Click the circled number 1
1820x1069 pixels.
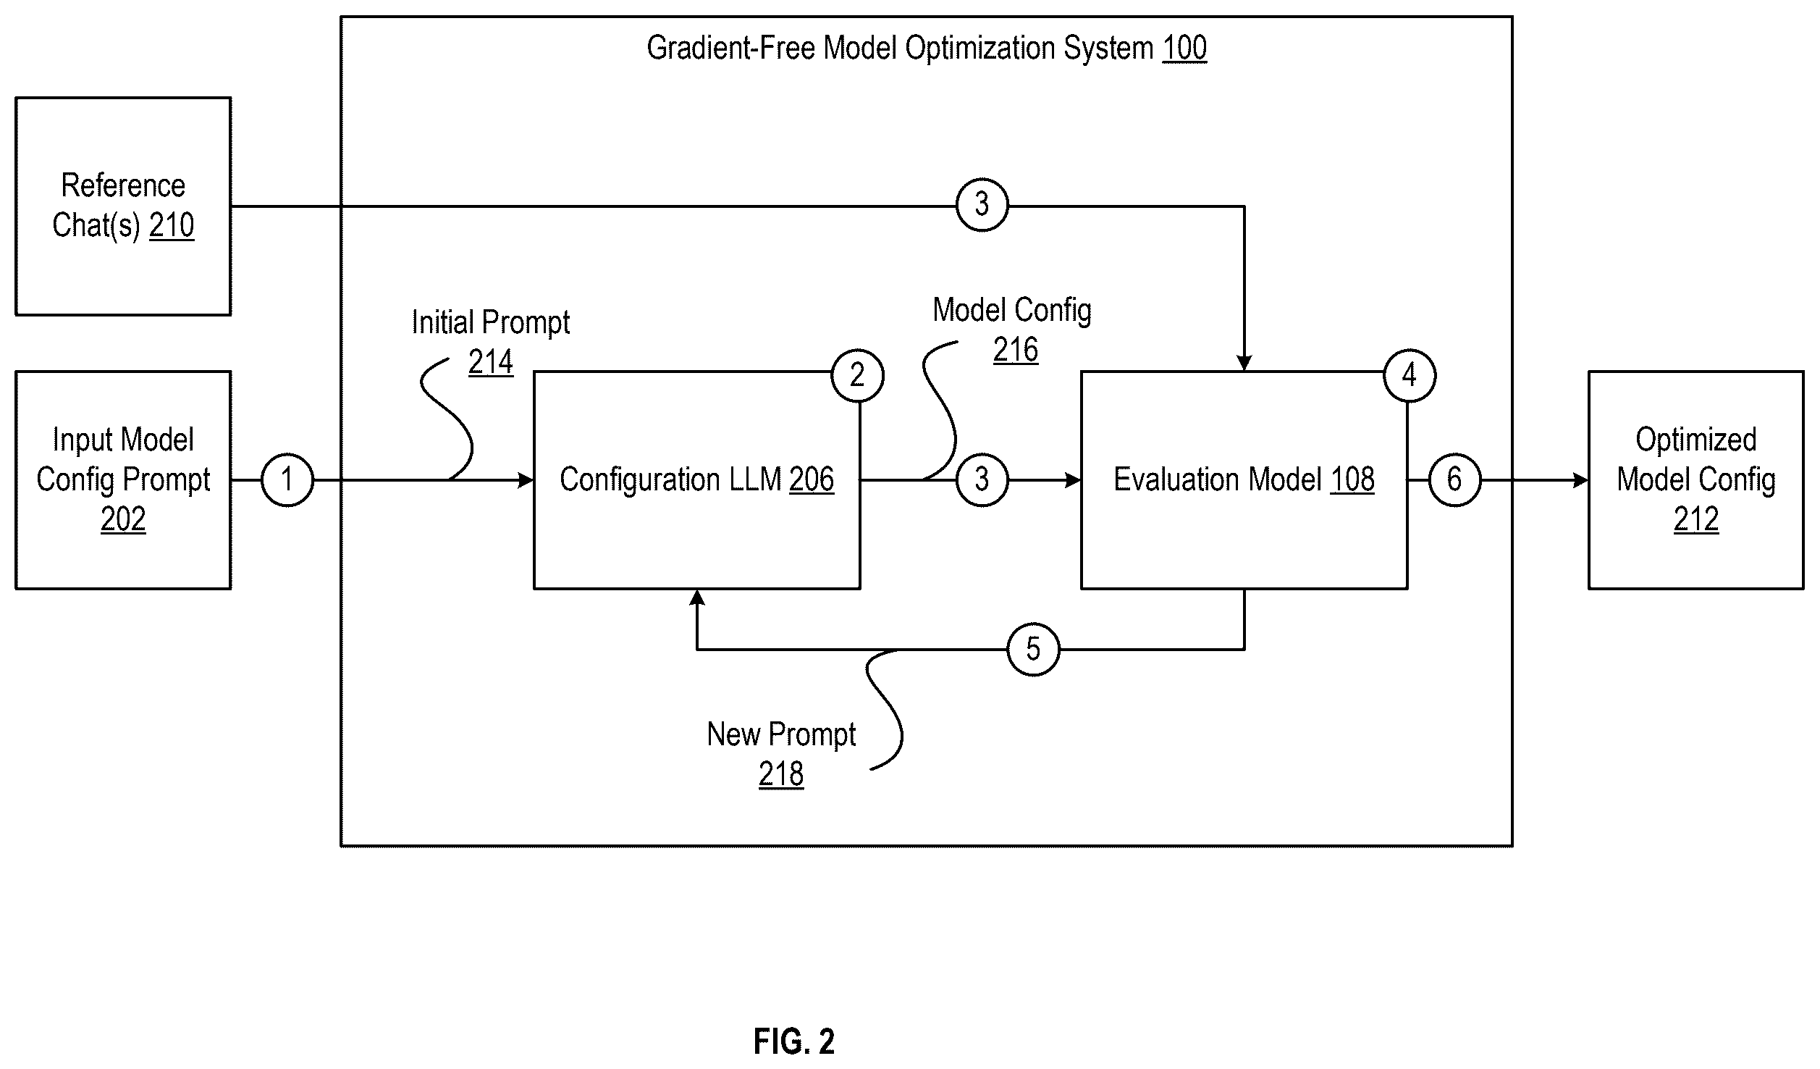pos(287,479)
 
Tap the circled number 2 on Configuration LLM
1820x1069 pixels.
pos(857,375)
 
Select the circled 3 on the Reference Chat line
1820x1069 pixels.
pos(982,205)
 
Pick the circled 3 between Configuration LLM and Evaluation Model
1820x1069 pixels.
pos(982,479)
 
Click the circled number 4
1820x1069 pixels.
pos(1410,375)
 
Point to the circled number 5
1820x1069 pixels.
pos(1033,649)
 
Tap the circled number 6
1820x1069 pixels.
pos(1454,479)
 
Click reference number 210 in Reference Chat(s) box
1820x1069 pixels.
pos(172,226)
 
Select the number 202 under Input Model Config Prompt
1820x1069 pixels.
pos(123,519)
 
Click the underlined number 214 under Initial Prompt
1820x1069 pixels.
pos(491,362)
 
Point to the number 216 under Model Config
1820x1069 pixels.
pos(1016,351)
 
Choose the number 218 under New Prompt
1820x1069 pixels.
pos(781,775)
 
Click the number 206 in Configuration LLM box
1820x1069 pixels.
pos(812,479)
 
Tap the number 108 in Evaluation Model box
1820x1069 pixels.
pos(1352,479)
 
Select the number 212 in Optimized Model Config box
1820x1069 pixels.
pos(1696,519)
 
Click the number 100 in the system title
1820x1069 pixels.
pos(1184,49)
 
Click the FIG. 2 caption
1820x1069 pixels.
pos(794,1041)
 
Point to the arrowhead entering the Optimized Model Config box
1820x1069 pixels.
pos(1581,479)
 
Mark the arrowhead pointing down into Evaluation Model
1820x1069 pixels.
pos(1244,364)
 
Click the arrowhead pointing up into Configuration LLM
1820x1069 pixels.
pos(697,597)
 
